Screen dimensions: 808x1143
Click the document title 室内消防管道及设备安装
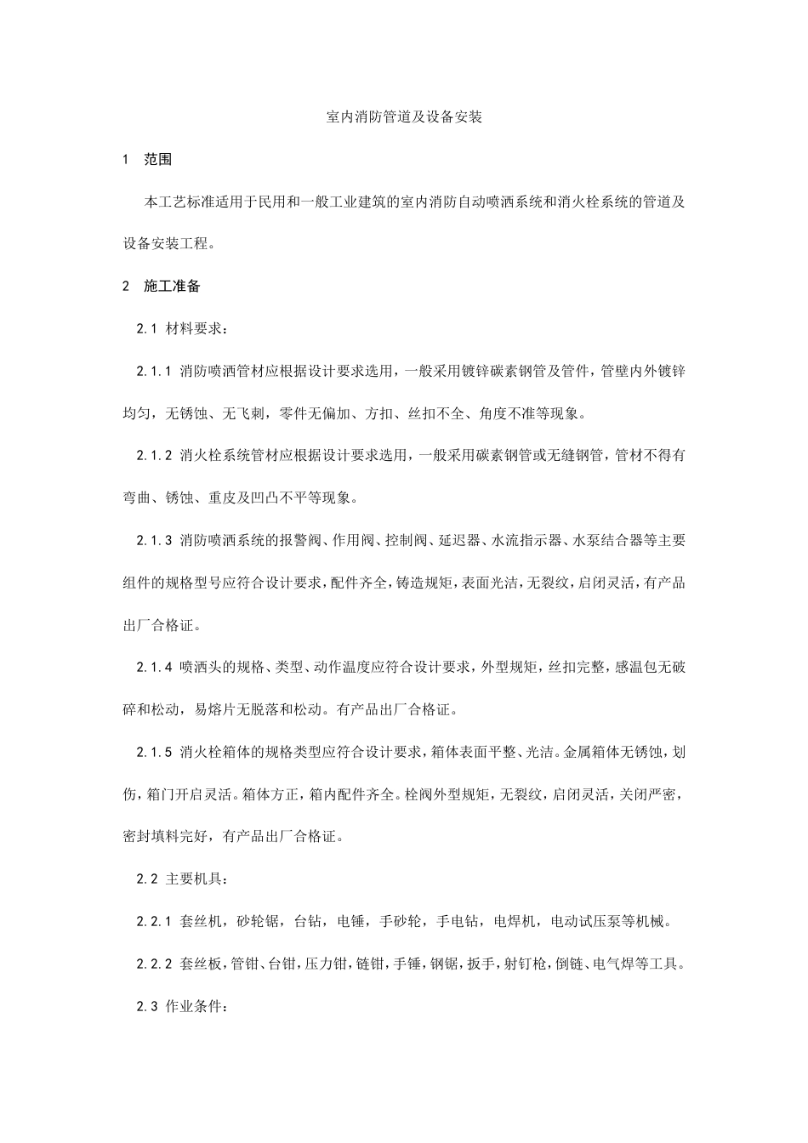tap(404, 117)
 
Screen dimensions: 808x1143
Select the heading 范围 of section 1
tap(158, 160)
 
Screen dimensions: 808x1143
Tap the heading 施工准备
tap(173, 286)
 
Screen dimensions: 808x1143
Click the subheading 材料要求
tap(200, 328)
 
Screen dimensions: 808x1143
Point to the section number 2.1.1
tap(154, 371)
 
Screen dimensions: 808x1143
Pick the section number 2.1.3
tap(154, 540)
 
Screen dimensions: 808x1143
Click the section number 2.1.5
tap(154, 751)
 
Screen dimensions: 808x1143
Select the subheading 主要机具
tap(200, 879)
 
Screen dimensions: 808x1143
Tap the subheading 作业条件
tap(200, 1006)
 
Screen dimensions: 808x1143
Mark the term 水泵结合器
tap(606, 540)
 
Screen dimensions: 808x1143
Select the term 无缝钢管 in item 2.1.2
tap(571, 456)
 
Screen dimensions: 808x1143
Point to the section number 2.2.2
tap(154, 964)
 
